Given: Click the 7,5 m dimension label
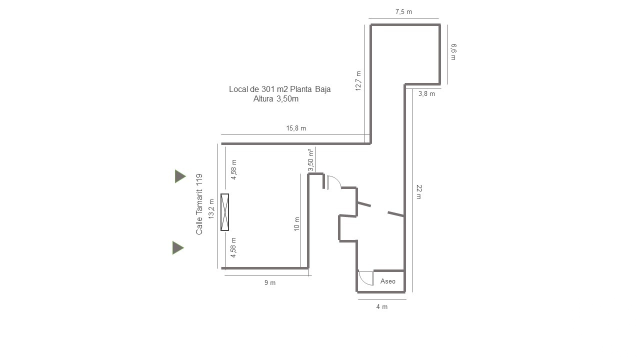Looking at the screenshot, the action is (x=403, y=11).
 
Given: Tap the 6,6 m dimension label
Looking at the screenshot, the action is (x=453, y=51).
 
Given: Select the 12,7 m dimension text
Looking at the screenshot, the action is (x=358, y=81).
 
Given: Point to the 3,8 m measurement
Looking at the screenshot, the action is (x=426, y=93).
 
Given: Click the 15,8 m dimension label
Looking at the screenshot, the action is (x=296, y=128).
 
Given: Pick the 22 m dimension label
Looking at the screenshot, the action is (x=419, y=191).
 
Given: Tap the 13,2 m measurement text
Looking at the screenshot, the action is (x=211, y=209).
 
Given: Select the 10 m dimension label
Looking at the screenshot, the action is (x=297, y=223).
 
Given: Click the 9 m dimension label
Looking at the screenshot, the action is (x=269, y=282).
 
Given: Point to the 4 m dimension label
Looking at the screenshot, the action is (x=381, y=306).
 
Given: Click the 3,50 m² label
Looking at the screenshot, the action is (x=311, y=160).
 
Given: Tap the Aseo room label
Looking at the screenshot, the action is (x=387, y=281).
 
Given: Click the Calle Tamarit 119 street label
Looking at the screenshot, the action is (x=199, y=204).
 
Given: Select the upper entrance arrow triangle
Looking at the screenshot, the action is (x=179, y=176).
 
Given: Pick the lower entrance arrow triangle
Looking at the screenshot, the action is (x=177, y=247).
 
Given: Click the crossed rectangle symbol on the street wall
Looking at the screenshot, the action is (x=225, y=212).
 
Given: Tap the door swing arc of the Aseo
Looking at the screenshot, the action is (x=363, y=281).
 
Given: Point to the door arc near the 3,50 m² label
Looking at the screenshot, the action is (x=336, y=178).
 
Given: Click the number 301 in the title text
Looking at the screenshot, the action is (x=267, y=89).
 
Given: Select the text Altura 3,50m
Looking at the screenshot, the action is (x=276, y=99).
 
